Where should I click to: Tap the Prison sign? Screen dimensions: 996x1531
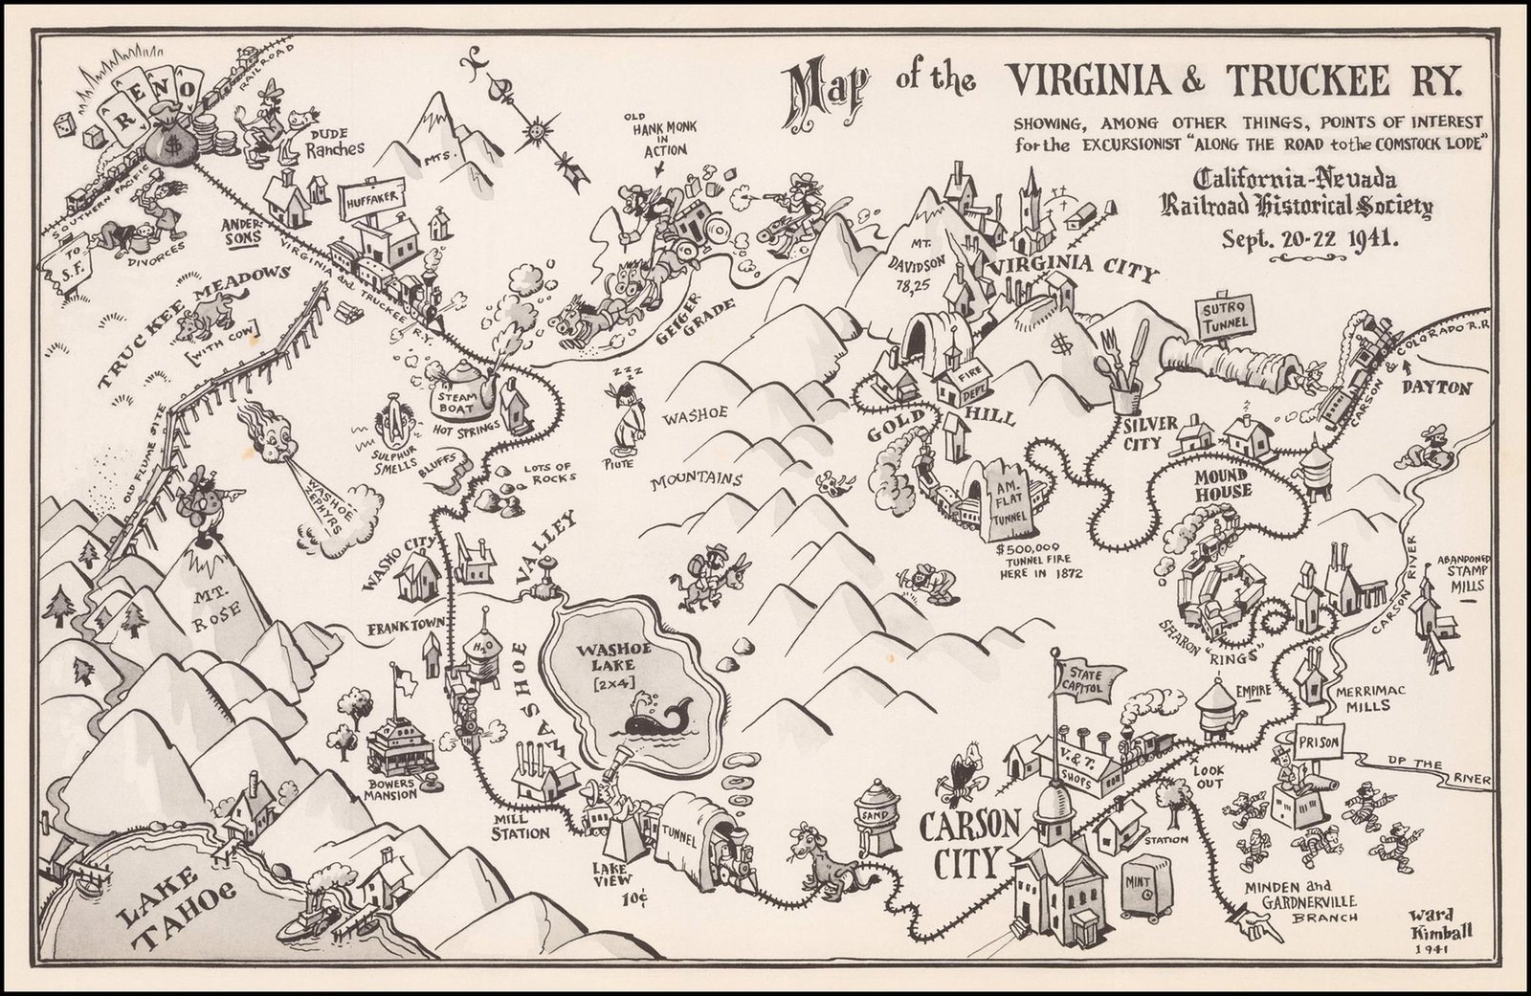coord(1321,742)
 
